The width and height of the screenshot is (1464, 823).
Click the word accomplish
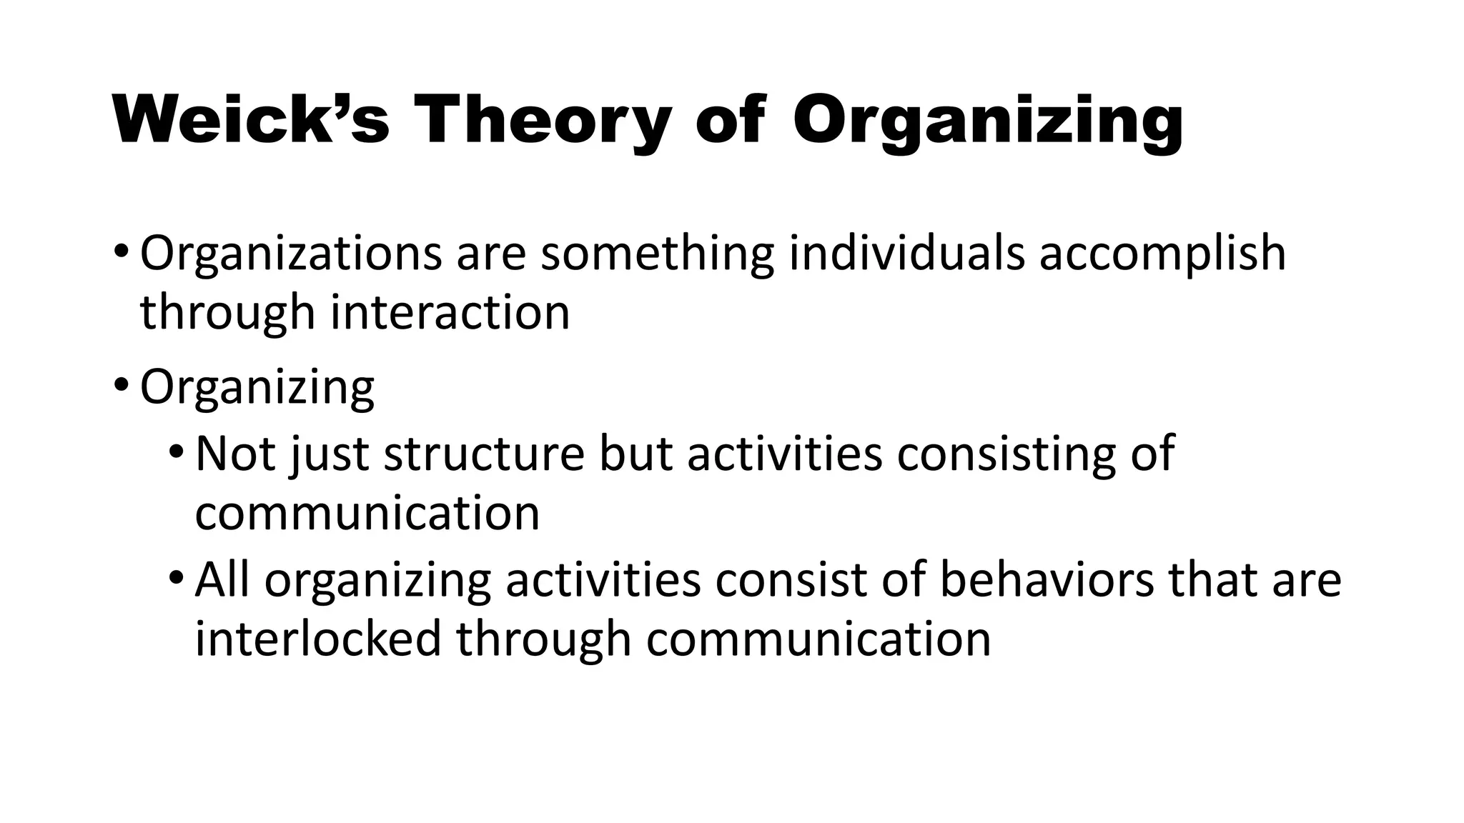[x=1162, y=253]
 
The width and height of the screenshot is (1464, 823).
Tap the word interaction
[x=450, y=312]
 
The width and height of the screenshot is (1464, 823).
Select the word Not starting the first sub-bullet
[x=235, y=453]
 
